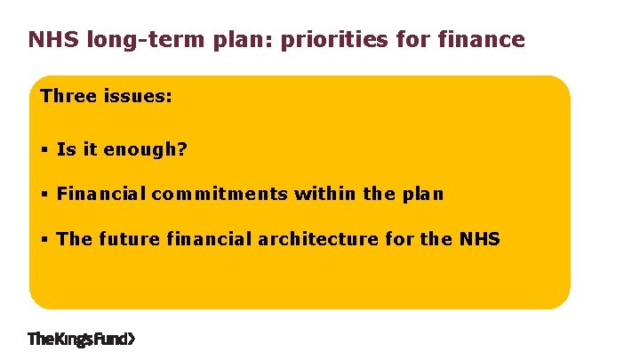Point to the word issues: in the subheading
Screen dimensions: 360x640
[139, 96]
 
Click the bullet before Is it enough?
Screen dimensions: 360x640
[44, 150]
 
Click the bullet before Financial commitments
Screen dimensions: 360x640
[44, 195]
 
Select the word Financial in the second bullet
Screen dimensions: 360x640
[100, 194]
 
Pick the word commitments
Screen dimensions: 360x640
[219, 194]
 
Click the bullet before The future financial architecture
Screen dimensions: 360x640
[44, 240]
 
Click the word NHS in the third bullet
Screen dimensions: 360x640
[479, 239]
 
